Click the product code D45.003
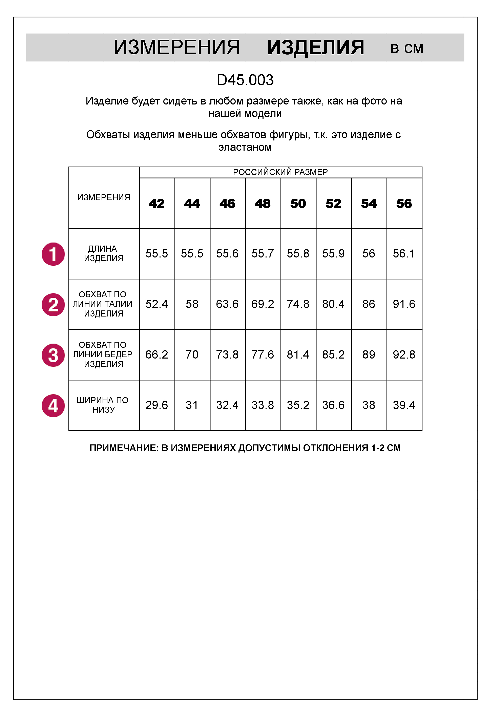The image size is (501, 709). click(x=245, y=80)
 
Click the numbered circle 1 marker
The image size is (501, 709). click(x=53, y=254)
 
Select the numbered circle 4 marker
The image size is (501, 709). click(x=53, y=406)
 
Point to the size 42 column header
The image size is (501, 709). click(x=157, y=204)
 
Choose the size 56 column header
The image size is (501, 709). click(x=404, y=204)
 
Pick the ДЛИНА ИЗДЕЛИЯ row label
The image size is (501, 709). click(x=104, y=253)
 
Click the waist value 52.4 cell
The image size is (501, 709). click(x=157, y=304)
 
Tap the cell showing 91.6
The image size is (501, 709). click(x=404, y=304)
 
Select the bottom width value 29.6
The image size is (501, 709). click(x=157, y=405)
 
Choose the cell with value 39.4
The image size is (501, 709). click(x=404, y=405)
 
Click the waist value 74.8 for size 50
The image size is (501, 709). click(x=298, y=304)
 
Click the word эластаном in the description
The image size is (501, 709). click(x=245, y=147)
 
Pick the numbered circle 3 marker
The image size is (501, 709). click(x=53, y=355)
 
